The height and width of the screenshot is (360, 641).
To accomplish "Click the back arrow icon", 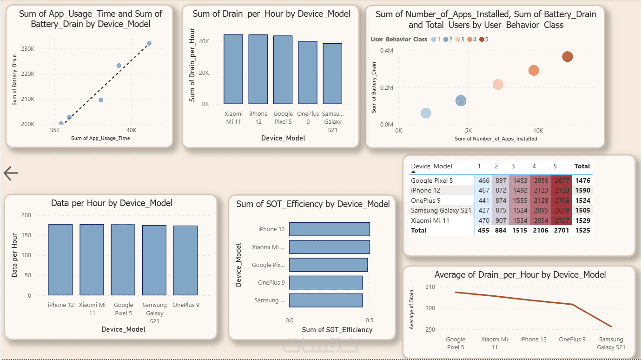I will pyautogui.click(x=11, y=173).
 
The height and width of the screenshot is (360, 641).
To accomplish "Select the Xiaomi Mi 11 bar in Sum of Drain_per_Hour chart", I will pyautogui.click(x=233, y=69).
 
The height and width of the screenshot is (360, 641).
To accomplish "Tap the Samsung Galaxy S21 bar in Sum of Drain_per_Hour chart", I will pyautogui.click(x=332, y=73).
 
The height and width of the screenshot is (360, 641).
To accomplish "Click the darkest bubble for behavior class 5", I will pyautogui.click(x=567, y=57).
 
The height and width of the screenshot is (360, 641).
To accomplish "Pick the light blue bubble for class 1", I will pyautogui.click(x=426, y=113).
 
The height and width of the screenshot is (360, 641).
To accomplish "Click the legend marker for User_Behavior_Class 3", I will pyautogui.click(x=458, y=40).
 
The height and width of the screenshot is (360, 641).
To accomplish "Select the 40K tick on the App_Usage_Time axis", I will pyautogui.click(x=132, y=130).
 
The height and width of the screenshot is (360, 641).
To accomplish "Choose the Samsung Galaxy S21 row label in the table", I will pyautogui.click(x=441, y=210).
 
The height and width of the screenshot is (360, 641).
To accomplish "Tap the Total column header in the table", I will pyautogui.click(x=582, y=166).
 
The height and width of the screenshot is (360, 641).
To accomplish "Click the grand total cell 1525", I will pyautogui.click(x=582, y=230).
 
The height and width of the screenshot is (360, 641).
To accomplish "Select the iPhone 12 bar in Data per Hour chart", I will pyautogui.click(x=60, y=260).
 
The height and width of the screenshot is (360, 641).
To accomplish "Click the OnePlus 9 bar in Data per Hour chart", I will pyautogui.click(x=185, y=260).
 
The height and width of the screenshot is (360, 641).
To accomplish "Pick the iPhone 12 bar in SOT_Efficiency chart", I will pyautogui.click(x=329, y=229).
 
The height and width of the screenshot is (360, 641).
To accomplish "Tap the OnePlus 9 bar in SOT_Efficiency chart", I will pyautogui.click(x=325, y=283).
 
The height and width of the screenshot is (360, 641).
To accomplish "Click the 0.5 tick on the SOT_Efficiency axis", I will pyautogui.click(x=370, y=320).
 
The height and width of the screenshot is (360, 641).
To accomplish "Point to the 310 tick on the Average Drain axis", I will pyautogui.click(x=430, y=287).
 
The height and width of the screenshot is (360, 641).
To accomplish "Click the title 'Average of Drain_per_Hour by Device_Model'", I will pyautogui.click(x=520, y=275).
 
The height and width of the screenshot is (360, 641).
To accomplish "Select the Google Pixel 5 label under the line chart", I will pyautogui.click(x=456, y=343).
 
